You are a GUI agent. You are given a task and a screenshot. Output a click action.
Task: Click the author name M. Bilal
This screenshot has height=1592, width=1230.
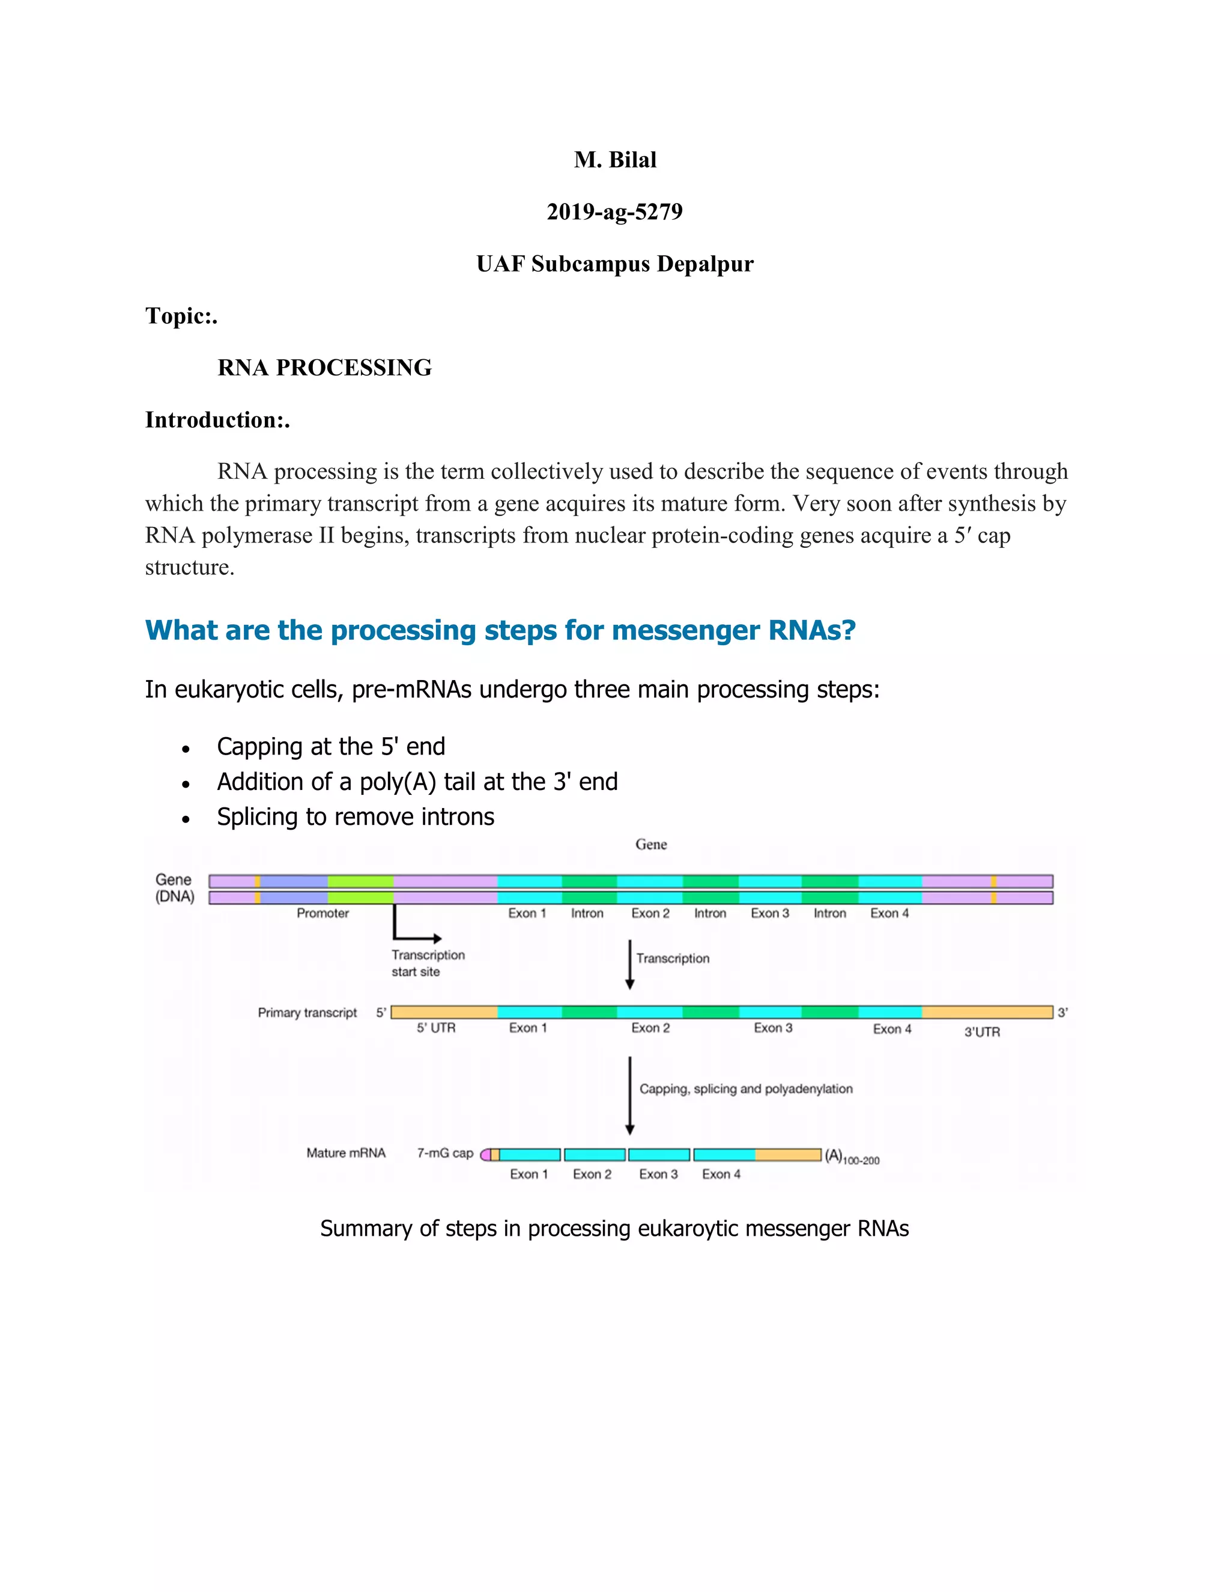coord(614,160)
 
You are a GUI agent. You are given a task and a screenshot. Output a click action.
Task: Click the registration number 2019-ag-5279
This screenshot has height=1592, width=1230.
coord(614,211)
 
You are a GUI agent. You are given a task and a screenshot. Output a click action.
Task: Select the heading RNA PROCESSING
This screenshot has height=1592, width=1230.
coord(324,368)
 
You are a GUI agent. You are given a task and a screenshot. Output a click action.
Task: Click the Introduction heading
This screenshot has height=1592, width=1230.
coord(216,420)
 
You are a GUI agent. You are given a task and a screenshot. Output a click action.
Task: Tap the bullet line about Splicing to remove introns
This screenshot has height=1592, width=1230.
coord(355,816)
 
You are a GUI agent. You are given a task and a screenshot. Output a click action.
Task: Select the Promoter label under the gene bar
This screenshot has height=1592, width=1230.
coord(322,913)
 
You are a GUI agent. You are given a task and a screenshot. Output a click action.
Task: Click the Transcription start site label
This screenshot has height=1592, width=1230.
coord(427,963)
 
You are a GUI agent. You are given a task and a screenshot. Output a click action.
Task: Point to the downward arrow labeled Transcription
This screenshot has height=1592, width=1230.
coord(629,964)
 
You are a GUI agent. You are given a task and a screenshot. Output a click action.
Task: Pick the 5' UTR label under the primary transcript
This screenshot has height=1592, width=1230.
coord(436,1028)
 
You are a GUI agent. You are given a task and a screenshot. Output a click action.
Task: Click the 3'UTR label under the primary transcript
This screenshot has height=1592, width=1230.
coord(981,1031)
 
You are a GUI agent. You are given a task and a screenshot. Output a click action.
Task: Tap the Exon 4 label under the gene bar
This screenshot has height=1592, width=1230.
coord(889,913)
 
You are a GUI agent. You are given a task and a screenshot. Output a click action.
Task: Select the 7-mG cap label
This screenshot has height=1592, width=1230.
coord(444,1153)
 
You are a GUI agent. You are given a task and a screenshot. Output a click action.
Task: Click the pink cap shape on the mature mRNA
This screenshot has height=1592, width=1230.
coord(485,1155)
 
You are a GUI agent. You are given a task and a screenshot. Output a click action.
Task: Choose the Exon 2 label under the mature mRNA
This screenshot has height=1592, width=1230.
coord(592,1174)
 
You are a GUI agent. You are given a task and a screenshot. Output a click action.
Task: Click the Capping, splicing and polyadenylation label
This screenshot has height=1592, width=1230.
coord(745,1089)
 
